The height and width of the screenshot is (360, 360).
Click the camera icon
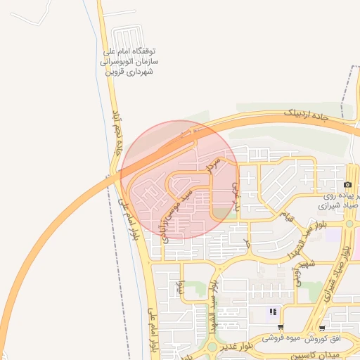(347, 184)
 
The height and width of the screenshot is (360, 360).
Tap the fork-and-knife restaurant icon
(273, 311)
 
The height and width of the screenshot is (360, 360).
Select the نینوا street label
(180, 288)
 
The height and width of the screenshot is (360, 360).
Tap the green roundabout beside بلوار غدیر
(212, 346)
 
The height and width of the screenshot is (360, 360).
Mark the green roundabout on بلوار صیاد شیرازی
(349, 224)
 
